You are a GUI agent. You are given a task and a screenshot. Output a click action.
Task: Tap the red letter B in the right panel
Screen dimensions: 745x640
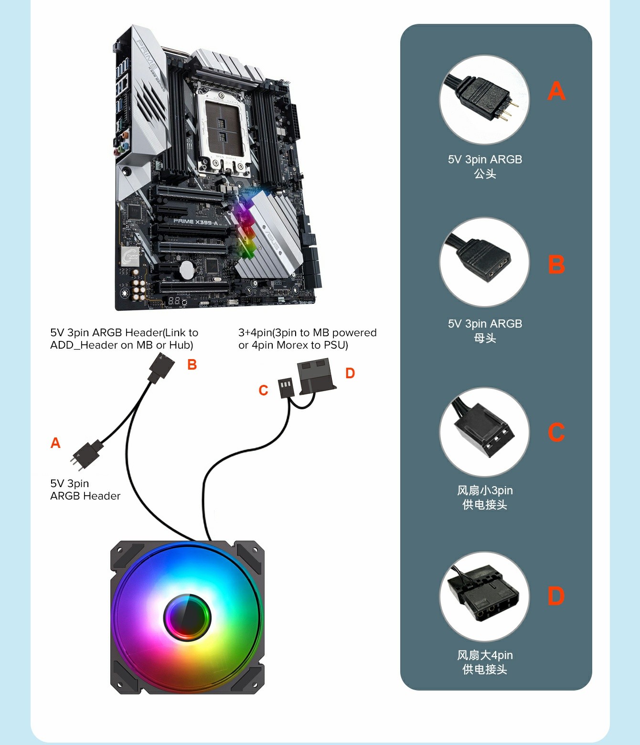click(556, 265)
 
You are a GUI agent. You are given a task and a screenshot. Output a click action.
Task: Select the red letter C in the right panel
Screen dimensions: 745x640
click(556, 432)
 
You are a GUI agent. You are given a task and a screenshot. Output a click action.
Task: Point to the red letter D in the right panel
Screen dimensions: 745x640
click(556, 596)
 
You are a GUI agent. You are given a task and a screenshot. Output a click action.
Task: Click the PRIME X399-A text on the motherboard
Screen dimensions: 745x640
click(195, 222)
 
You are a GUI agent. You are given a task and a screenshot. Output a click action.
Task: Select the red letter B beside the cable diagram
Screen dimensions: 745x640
click(192, 365)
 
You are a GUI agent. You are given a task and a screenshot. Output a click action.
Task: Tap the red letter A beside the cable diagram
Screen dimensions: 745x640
click(55, 443)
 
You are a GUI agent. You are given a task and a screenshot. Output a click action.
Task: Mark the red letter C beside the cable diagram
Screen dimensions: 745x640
click(263, 391)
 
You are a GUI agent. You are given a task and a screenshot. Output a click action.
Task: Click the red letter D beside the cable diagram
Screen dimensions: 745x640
click(350, 373)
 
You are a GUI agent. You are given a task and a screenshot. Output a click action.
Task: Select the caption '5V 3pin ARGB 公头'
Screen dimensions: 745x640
click(485, 166)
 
